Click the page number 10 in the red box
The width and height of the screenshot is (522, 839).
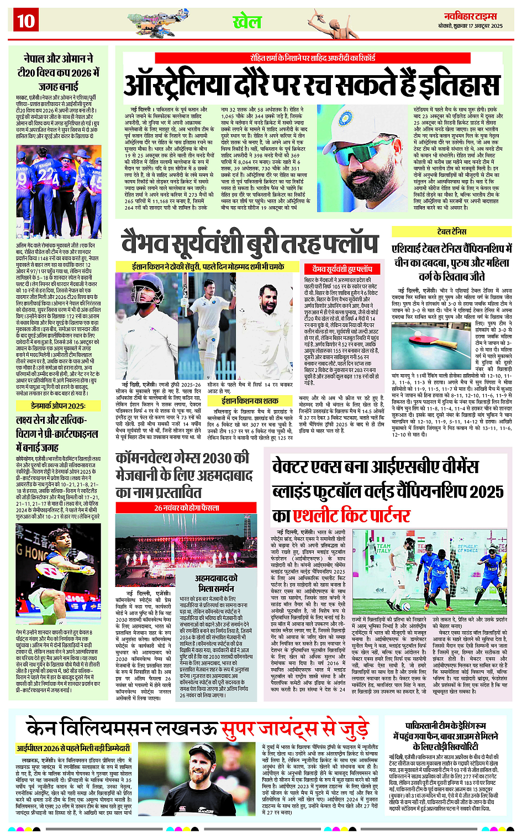pos(25,22)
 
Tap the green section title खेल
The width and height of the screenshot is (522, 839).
pos(247,22)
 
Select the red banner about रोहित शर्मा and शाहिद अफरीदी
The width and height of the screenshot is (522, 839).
pos(313,57)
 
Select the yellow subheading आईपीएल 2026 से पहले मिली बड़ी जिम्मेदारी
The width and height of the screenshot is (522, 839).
pos(73,748)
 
